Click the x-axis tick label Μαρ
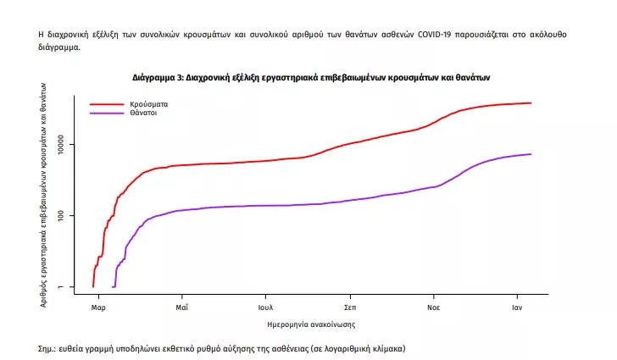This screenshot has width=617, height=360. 97,308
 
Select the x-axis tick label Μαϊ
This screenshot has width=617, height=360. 181,308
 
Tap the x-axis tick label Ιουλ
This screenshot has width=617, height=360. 265,308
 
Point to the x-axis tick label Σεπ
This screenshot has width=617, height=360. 349,308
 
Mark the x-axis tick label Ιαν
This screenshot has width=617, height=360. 518,308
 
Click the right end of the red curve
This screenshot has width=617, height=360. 531,103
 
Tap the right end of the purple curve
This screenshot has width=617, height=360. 531,154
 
